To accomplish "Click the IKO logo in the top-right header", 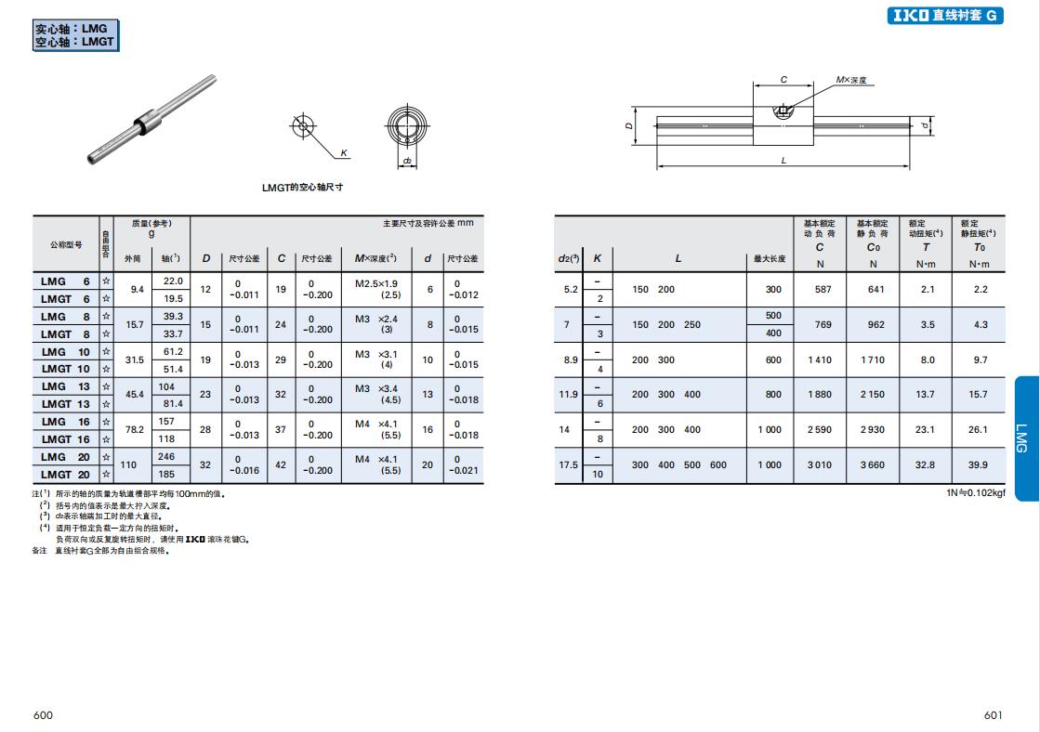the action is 910,15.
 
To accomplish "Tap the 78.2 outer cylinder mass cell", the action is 135,430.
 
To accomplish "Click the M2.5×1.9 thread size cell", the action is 376,283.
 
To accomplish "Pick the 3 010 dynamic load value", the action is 819,464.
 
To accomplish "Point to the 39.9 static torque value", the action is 978,464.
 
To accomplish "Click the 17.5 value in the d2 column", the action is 569,464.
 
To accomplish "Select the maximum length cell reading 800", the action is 773,395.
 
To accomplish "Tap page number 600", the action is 43,714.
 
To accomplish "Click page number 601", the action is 993,714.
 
